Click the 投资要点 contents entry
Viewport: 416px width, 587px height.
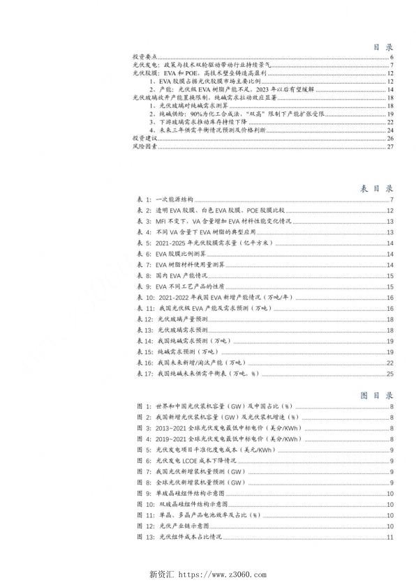pyautogui.click(x=144, y=57)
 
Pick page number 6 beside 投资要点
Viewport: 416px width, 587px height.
pyautogui.click(x=394, y=57)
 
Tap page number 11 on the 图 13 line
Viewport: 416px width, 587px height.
pyautogui.click(x=392, y=537)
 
